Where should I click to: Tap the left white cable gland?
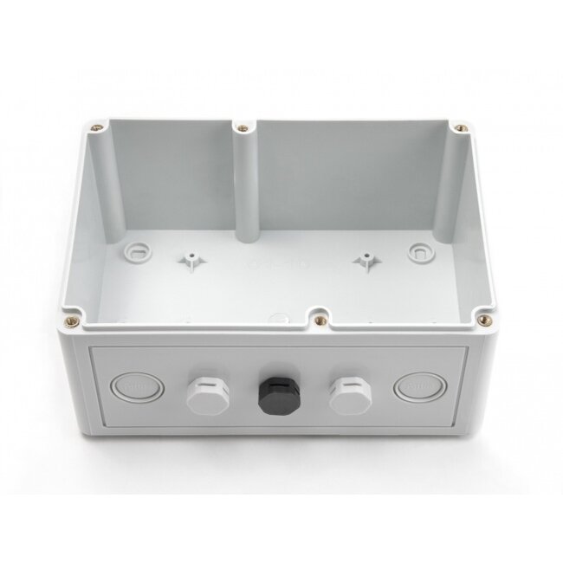[x=204, y=394]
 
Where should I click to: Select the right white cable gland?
[x=350, y=393]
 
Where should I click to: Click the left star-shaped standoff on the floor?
[x=188, y=259]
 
